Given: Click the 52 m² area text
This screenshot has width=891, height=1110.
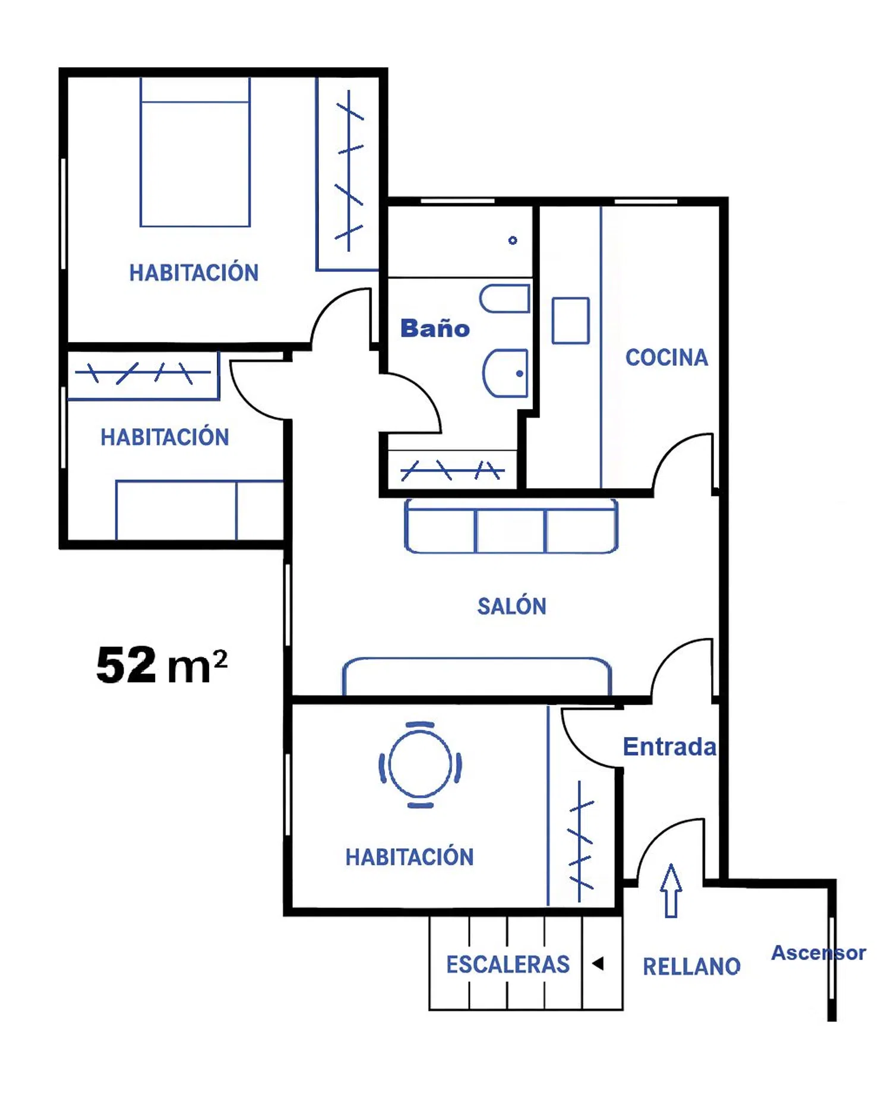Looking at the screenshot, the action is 162,665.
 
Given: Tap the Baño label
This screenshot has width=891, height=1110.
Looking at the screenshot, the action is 435,328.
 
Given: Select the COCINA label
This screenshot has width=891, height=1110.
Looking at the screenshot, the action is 666,358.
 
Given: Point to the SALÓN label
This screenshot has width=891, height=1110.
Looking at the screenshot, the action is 511,606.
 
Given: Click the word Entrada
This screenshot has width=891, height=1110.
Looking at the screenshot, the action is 669,747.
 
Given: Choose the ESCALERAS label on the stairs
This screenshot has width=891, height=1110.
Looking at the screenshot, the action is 508,964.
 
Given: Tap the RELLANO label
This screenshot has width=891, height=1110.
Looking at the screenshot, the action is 691,966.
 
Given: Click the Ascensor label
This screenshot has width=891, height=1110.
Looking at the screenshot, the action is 819,953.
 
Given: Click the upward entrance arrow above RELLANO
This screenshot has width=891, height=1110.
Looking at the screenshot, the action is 671,891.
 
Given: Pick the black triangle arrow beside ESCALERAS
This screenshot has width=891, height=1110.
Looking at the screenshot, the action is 598,963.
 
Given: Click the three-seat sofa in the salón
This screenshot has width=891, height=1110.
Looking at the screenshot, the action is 511,526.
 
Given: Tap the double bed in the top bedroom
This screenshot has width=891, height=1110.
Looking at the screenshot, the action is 195,152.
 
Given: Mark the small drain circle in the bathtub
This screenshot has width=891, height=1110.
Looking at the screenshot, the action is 513,241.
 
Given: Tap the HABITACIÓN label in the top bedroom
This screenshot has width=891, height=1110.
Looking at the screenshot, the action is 194,273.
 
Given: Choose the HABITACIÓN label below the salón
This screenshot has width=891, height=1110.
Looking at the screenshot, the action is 410,857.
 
